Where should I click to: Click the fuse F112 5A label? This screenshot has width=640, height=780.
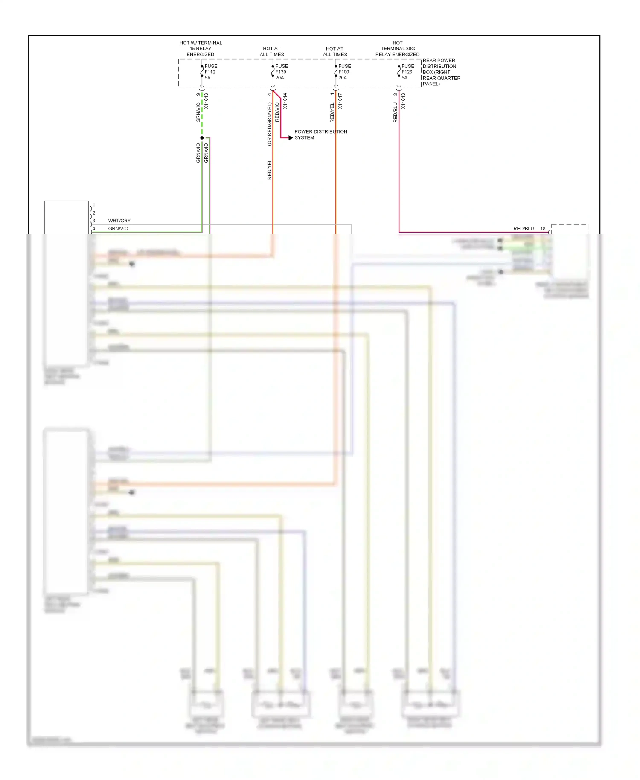(210, 72)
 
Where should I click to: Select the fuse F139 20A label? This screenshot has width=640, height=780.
(281, 72)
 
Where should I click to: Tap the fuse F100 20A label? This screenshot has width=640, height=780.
(344, 72)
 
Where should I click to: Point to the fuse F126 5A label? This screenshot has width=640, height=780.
(407, 72)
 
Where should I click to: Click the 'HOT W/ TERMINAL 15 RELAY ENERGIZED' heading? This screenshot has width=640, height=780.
(201, 49)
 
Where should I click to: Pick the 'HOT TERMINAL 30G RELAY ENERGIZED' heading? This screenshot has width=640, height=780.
(397, 49)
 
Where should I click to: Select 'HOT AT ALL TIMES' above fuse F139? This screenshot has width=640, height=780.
(272, 52)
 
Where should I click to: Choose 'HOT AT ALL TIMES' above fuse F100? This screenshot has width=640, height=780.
(335, 52)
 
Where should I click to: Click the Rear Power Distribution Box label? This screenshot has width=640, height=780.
(441, 72)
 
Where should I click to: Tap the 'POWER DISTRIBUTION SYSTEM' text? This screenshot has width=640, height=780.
(320, 134)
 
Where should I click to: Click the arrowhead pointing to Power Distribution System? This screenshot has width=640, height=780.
(291, 138)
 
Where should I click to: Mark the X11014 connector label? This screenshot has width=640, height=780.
(285, 101)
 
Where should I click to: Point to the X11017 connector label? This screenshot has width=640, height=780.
(340, 101)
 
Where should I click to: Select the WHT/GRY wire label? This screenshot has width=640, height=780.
(119, 221)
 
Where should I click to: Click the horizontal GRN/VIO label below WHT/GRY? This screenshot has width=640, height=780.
(118, 229)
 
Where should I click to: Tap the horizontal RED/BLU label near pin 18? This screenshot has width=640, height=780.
(524, 229)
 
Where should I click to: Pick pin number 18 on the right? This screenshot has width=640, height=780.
(543, 229)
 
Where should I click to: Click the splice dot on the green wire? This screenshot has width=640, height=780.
(202, 138)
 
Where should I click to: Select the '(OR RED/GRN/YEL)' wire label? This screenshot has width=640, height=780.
(269, 124)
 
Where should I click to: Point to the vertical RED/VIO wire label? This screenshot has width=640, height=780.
(277, 112)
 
